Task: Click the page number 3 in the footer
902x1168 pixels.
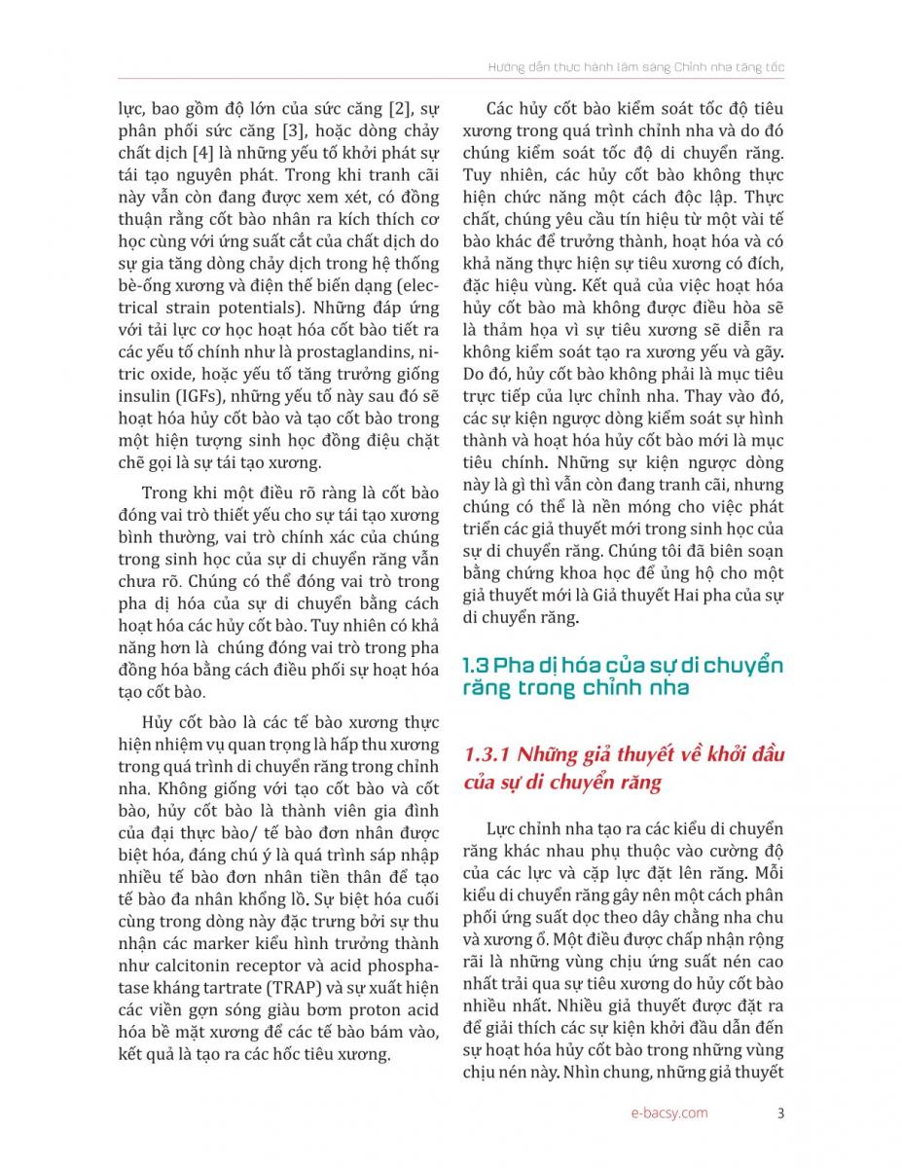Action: pos(781,1113)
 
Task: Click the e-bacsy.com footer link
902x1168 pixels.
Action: pos(668,1113)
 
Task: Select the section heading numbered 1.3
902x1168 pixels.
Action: pos(623,676)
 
